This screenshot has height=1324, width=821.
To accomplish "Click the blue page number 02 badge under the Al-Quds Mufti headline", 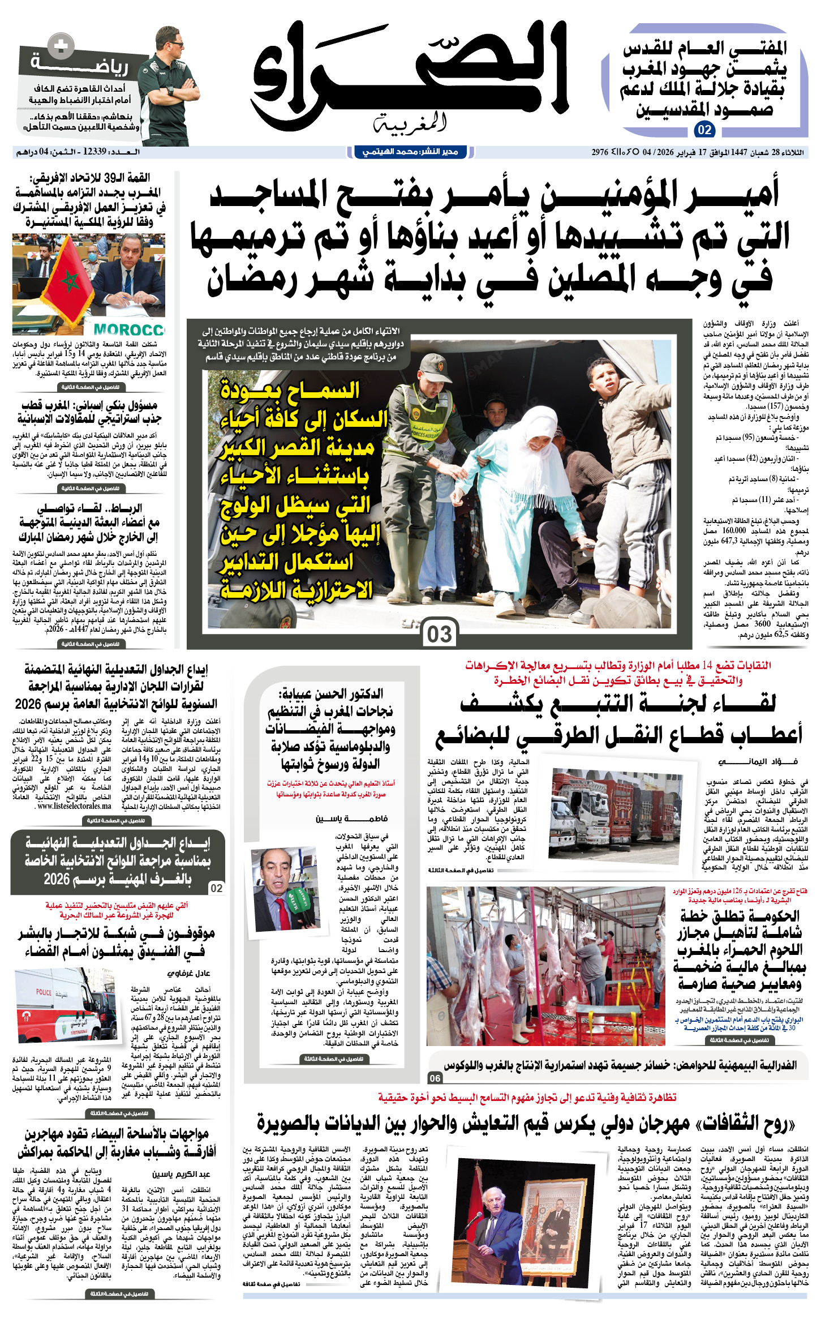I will (704, 130).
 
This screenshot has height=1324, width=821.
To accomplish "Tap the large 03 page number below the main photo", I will (440, 634).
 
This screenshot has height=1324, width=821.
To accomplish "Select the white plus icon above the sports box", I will (61, 46).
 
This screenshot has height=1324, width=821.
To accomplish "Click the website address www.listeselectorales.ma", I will (74, 806).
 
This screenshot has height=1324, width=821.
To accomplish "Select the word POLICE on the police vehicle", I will (44, 992).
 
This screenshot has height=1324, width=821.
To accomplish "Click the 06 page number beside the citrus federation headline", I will (435, 1078).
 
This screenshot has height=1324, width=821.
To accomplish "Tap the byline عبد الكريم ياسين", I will (181, 1174).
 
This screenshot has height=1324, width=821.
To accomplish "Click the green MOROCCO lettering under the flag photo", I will (129, 329).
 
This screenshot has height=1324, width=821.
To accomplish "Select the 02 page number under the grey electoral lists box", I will (217, 888).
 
